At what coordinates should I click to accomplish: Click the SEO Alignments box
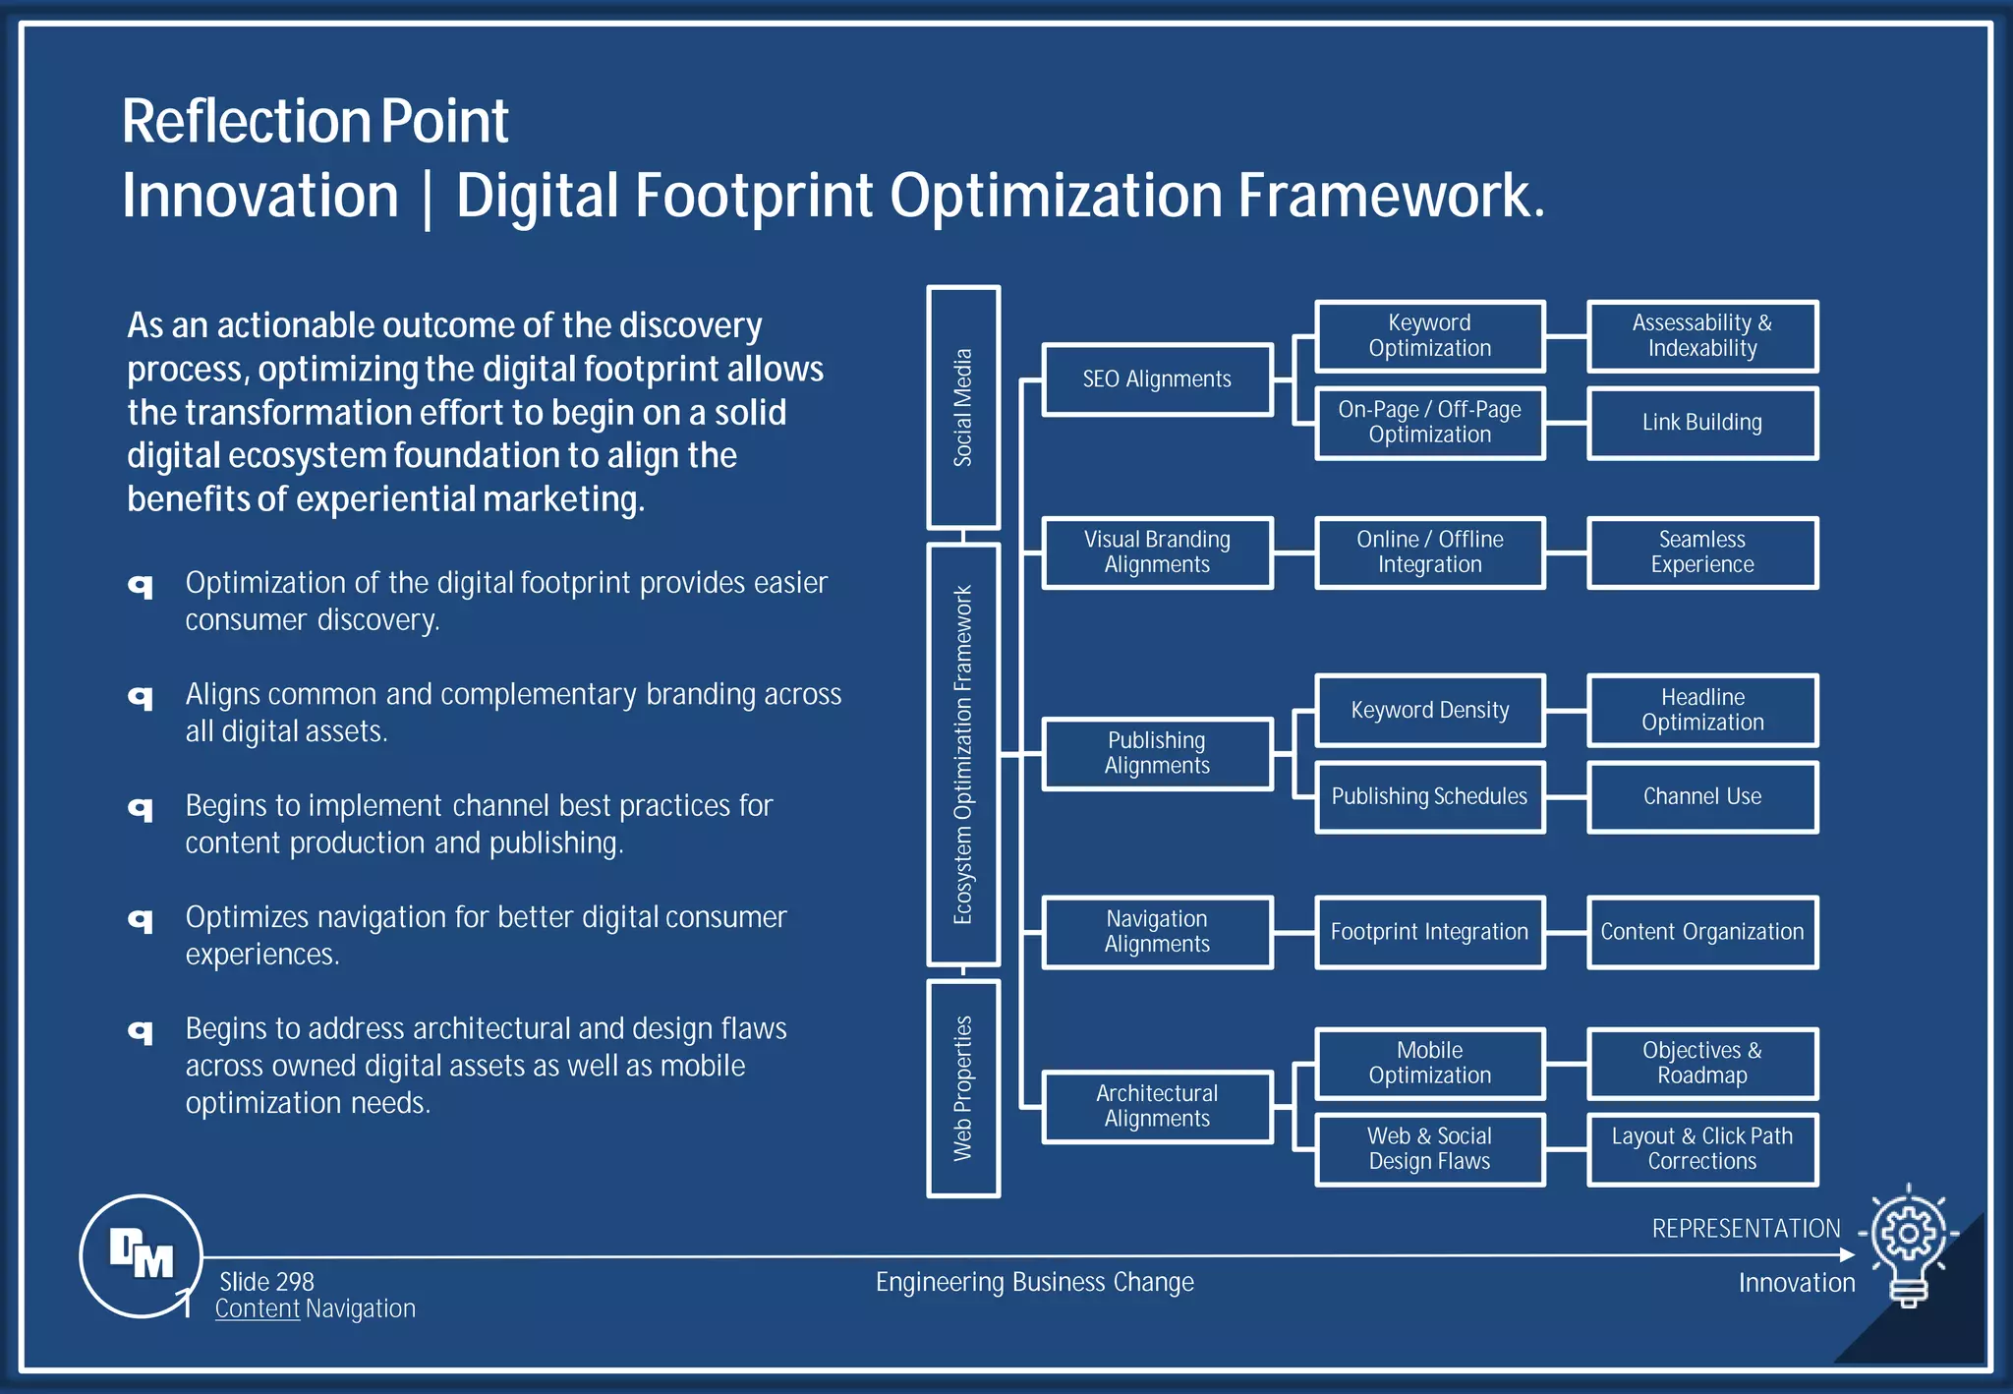[1157, 379]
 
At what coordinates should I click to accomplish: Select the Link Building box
[1701, 423]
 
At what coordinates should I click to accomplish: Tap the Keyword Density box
[1429, 710]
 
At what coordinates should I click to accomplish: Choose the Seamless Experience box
[1701, 552]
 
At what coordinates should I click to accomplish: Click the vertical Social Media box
[963, 407]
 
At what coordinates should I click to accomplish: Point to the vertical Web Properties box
[963, 1088]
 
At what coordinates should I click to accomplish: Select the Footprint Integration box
[1429, 932]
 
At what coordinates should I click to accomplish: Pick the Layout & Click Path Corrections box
[1701, 1149]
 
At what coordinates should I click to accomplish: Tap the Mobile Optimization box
[1429, 1063]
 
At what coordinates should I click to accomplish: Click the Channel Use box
[1701, 796]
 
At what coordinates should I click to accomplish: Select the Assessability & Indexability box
[1701, 336]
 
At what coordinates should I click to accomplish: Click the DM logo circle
[142, 1255]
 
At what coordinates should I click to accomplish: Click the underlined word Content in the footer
[258, 1309]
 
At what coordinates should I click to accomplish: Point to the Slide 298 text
[266, 1282]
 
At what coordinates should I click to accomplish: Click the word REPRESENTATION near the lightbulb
[1746, 1229]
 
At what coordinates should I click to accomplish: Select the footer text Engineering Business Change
[1034, 1282]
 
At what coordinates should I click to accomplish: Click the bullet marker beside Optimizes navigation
[142, 920]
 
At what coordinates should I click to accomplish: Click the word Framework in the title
[1389, 196]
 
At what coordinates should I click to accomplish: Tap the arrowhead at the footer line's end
[1847, 1254]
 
